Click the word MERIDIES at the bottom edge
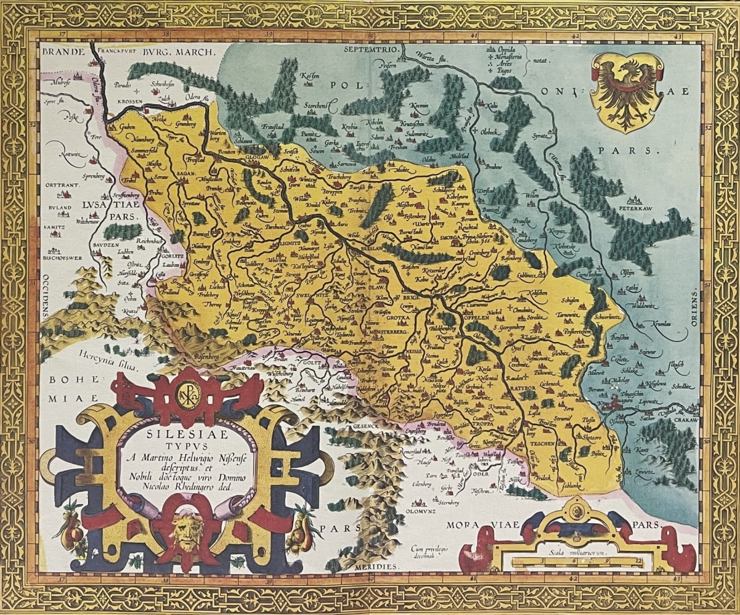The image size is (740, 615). (376, 566)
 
